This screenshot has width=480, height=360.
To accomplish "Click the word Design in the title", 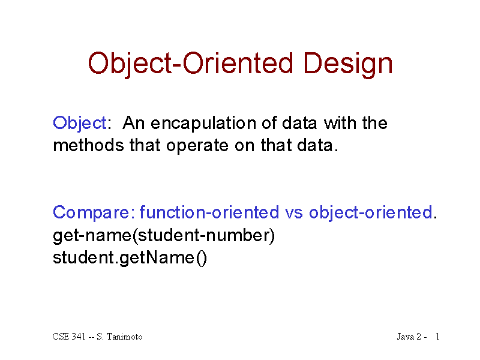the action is pyautogui.click(x=348, y=64).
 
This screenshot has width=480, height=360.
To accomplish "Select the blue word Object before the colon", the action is pyautogui.click(x=80, y=124).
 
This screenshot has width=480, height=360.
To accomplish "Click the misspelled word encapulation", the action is pyautogui.click(x=203, y=124).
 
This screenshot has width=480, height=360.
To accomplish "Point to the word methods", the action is pyautogui.click(x=88, y=145).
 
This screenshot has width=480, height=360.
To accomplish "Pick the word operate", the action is pyautogui.click(x=197, y=146).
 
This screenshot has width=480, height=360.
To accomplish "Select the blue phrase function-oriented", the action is pyautogui.click(x=209, y=212).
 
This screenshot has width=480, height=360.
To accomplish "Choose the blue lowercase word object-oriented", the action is pyautogui.click(x=371, y=212).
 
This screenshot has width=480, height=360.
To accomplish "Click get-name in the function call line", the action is pyautogui.click(x=92, y=236).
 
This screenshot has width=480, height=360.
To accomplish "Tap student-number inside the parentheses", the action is pyautogui.click(x=203, y=235).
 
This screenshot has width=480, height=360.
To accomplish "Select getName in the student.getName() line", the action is pyautogui.click(x=157, y=258).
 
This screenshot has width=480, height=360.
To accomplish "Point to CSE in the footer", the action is pyautogui.click(x=61, y=337).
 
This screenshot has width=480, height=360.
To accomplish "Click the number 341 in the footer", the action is pyautogui.click(x=79, y=337).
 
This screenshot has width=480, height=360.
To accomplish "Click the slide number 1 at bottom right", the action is pyautogui.click(x=437, y=337).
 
